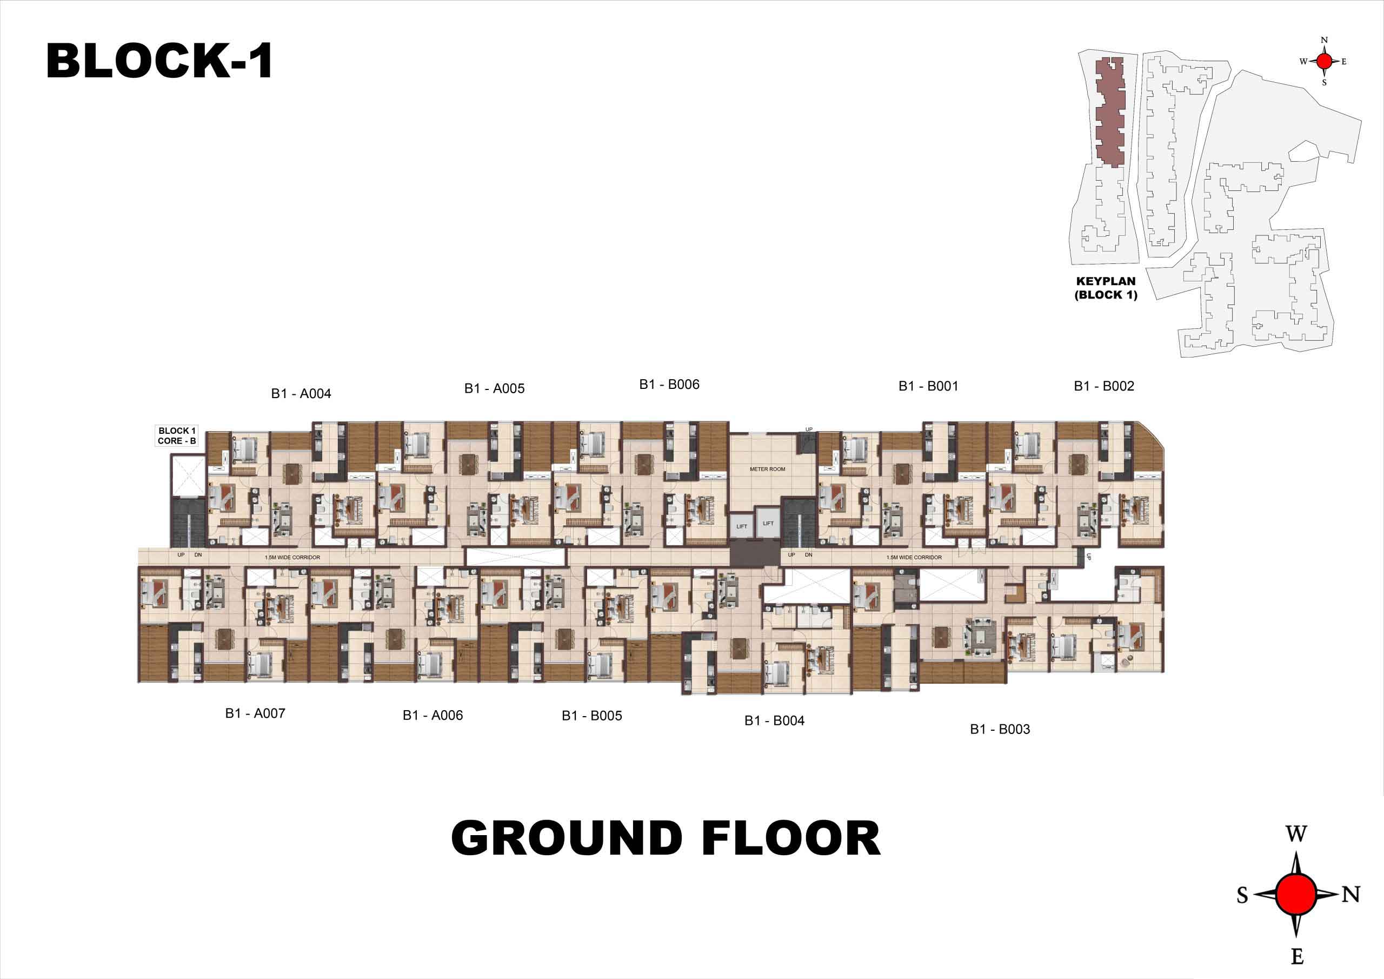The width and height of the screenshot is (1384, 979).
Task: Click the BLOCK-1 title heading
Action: (x=159, y=61)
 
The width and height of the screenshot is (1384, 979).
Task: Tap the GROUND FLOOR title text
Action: (x=666, y=838)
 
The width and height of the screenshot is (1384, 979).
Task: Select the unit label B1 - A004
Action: (x=301, y=394)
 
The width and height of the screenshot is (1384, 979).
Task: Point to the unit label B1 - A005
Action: (x=494, y=389)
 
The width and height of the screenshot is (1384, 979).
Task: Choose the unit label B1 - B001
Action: (x=928, y=386)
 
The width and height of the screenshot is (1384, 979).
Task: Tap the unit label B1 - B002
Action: (x=1104, y=386)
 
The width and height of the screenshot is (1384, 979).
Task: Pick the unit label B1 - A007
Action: (x=255, y=713)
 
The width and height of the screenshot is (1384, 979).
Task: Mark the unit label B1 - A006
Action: (x=433, y=716)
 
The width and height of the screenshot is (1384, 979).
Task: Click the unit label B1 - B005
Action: (x=592, y=716)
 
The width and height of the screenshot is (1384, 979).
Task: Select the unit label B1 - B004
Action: (x=775, y=721)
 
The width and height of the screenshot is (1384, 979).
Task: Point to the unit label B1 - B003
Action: (x=1000, y=729)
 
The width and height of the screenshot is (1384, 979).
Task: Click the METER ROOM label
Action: (x=767, y=469)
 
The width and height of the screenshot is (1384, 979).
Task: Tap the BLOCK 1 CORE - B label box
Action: (x=177, y=436)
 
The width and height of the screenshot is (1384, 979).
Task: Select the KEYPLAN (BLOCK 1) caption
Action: (x=1106, y=288)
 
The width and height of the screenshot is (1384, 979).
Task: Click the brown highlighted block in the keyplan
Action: (x=1110, y=111)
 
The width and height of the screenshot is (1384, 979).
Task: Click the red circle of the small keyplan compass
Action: (x=1325, y=61)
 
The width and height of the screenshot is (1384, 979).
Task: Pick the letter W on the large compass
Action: (x=1296, y=835)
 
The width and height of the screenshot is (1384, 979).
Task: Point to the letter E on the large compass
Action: (x=1297, y=956)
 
